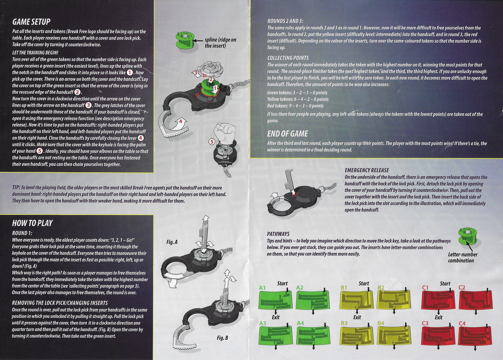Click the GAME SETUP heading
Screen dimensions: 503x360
(31, 22)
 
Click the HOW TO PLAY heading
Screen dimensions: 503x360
(32, 223)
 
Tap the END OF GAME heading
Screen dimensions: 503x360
(288, 134)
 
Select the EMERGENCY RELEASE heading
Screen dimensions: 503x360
(367, 170)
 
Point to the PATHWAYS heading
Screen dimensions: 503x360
(278, 234)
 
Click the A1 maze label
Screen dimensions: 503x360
(262, 288)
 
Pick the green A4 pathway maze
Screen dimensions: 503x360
(313, 336)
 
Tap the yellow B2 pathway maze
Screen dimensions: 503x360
(394, 299)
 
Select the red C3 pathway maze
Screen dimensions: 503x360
(438, 336)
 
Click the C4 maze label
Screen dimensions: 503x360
(462, 323)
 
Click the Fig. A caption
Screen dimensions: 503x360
(172, 242)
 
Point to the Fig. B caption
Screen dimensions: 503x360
(222, 338)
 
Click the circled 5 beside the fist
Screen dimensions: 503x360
(212, 142)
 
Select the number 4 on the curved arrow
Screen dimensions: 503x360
(181, 121)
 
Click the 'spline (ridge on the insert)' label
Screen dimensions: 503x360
(220, 43)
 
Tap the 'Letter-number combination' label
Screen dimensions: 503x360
(463, 257)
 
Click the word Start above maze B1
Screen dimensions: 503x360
(364, 283)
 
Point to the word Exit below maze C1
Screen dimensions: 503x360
(439, 317)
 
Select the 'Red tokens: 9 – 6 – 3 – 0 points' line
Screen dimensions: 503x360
(295, 106)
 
